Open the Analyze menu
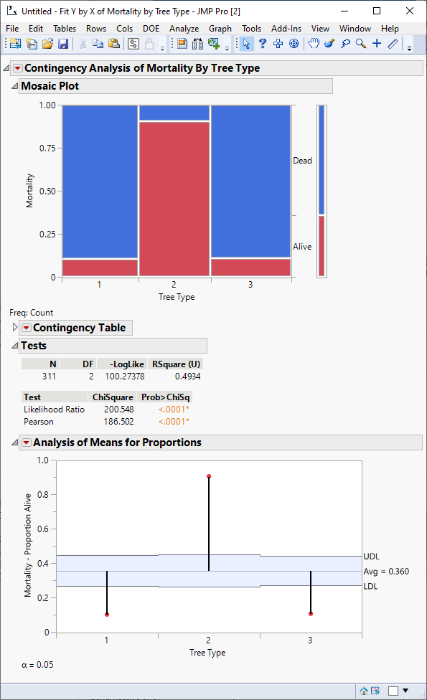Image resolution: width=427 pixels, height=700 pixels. [x=184, y=29]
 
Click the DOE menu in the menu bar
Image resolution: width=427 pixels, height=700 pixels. [x=151, y=29]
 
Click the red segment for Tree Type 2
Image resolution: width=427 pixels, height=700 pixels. [x=174, y=199]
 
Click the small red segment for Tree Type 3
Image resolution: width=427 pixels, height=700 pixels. [x=250, y=267]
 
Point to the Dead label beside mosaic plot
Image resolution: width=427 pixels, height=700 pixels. [x=302, y=161]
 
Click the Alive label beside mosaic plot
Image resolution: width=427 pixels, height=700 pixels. [x=302, y=247]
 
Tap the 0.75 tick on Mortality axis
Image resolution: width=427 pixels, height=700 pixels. [x=47, y=148]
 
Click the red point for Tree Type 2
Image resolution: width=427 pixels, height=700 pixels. [x=209, y=476]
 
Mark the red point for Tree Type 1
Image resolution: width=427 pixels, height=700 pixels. [x=107, y=614]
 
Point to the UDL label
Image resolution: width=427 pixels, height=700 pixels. [x=372, y=557]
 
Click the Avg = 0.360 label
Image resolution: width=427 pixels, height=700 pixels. [x=386, y=572]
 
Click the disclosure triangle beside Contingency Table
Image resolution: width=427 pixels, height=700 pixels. [x=16, y=328]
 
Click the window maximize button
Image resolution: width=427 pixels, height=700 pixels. [x=377, y=11]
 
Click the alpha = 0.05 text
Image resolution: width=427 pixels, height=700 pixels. [x=37, y=665]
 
